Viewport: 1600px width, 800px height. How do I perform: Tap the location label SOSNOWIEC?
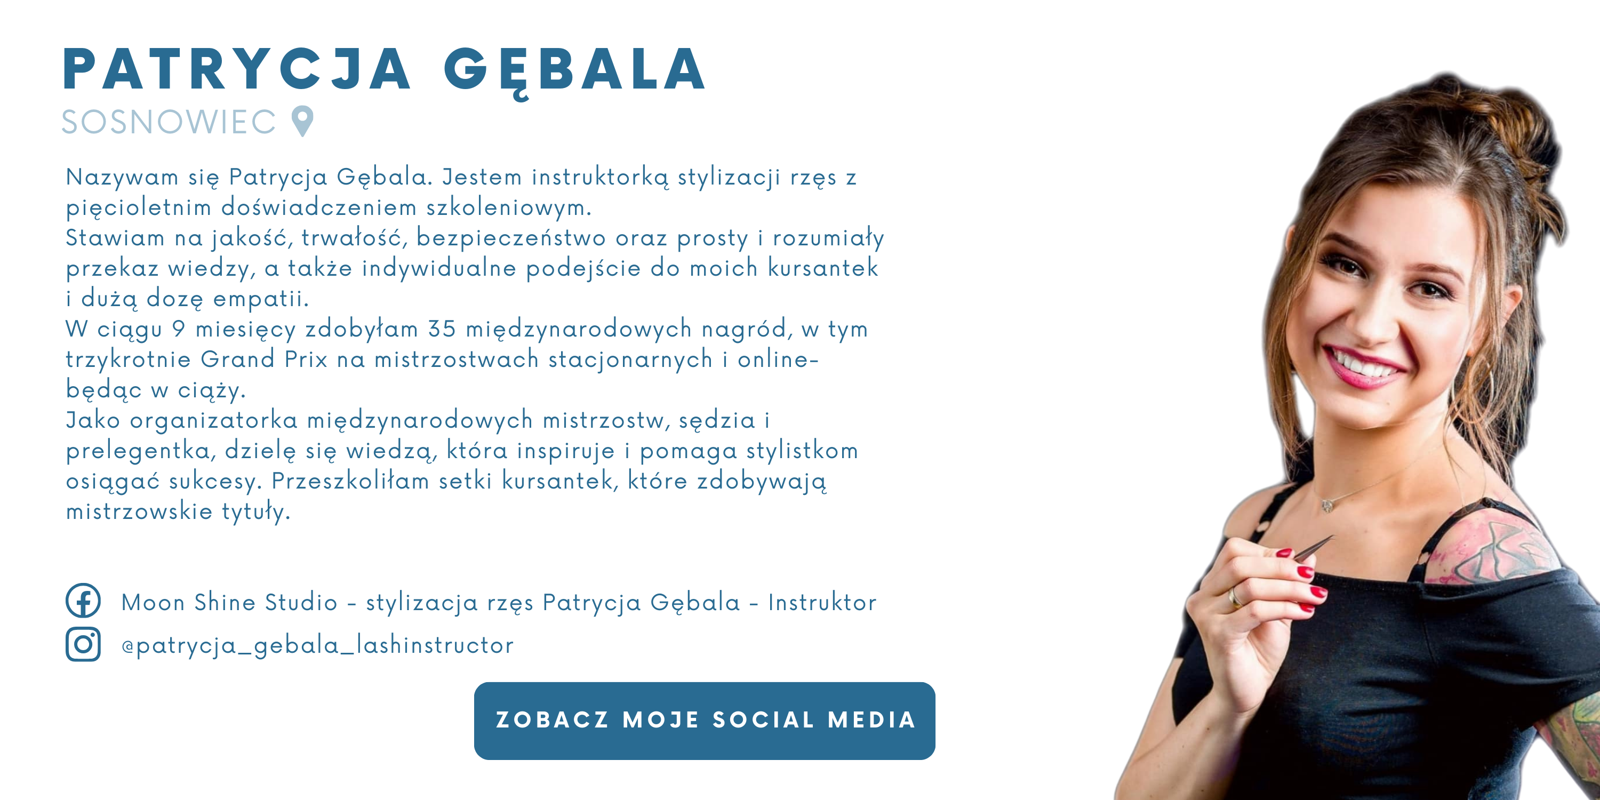point(169,122)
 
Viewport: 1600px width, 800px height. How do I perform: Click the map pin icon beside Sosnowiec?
point(302,121)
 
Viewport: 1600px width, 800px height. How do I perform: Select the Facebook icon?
point(83,600)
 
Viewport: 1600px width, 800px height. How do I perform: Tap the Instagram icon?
point(83,644)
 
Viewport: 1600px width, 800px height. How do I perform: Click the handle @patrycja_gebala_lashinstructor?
point(317,646)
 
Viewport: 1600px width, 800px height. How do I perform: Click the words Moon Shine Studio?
point(229,602)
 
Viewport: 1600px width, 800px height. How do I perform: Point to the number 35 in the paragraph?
point(442,329)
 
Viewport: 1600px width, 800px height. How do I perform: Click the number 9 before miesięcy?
point(179,329)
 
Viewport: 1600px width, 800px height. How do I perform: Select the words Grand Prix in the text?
point(264,359)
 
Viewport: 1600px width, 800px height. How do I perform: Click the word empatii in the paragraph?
point(261,299)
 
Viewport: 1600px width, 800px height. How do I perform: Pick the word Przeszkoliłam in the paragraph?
point(350,481)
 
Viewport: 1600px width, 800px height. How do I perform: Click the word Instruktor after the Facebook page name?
point(822,602)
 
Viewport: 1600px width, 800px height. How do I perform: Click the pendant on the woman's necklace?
point(1327,506)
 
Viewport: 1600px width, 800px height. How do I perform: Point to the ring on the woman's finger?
point(1234,597)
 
